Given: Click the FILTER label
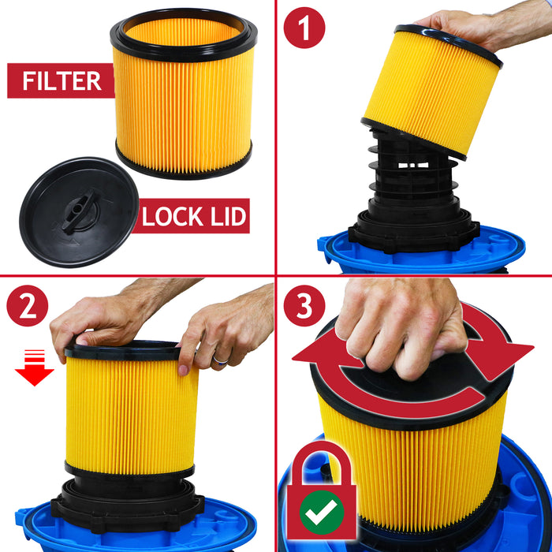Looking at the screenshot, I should (62, 80).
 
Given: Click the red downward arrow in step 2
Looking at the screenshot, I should (35, 369).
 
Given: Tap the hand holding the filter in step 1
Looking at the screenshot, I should (465, 24).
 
